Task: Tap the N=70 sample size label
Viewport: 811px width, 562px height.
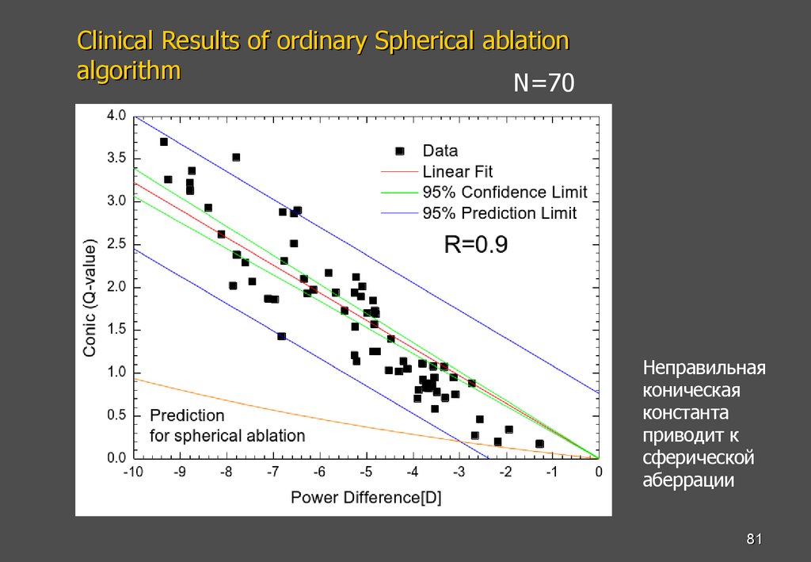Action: (x=543, y=83)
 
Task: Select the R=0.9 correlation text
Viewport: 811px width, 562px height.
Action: (x=475, y=247)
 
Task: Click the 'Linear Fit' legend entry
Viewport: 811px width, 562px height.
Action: (x=457, y=171)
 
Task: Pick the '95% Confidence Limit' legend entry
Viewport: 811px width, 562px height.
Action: (x=504, y=192)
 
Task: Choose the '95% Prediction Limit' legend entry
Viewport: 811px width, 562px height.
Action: (x=499, y=212)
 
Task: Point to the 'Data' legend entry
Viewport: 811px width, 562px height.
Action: (x=440, y=151)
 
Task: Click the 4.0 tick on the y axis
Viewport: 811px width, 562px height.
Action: (x=116, y=116)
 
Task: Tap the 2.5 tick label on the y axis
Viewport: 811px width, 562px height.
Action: (x=116, y=244)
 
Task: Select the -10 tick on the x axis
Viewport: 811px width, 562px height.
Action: (x=134, y=472)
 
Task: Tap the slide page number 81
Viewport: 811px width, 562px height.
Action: (x=754, y=540)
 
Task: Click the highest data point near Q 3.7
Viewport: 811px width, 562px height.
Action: (x=164, y=142)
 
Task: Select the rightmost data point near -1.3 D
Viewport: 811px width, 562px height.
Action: (x=539, y=444)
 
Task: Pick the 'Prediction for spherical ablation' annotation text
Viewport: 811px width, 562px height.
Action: (x=227, y=426)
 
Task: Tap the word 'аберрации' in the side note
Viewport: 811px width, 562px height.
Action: (x=689, y=480)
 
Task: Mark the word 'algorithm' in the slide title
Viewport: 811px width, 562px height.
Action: (x=128, y=71)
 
